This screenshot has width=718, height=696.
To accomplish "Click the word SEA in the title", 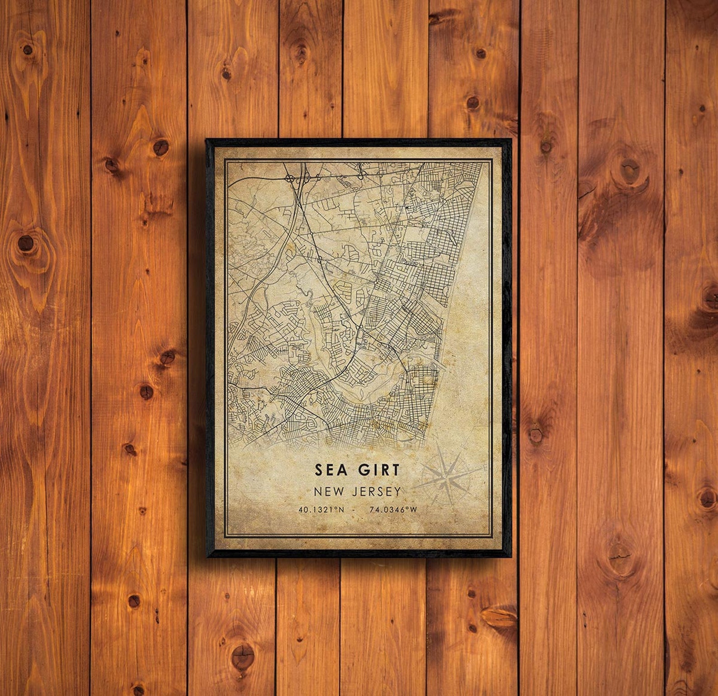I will coord(331,470).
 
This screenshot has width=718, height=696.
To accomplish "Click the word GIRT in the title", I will coord(379,470).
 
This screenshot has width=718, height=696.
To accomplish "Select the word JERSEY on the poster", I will coord(378,491).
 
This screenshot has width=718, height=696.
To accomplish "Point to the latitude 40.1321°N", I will coord(321,510).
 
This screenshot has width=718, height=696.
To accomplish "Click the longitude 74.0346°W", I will coord(393,510).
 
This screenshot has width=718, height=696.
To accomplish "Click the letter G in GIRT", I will coord(364,470).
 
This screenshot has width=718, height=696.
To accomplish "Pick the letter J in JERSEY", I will coord(357,491).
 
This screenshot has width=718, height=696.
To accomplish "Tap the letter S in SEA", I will coord(319,470).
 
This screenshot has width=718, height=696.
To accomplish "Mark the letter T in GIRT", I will coord(396,470).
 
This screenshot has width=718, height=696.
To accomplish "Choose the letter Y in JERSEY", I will coord(397,491).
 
